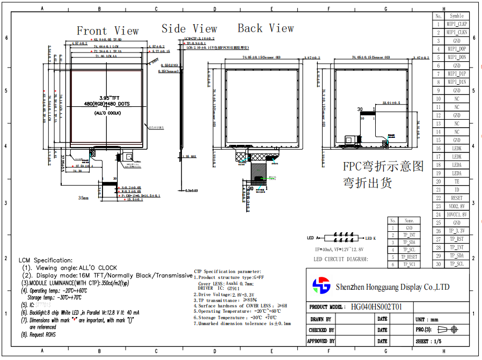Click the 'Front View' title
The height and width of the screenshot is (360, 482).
click(x=107, y=31)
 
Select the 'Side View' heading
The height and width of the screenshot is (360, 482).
click(x=189, y=29)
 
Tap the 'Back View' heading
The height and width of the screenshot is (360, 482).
click(x=266, y=28)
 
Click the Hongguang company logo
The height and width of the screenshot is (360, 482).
click(x=322, y=285)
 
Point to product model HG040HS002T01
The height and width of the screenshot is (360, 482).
click(x=376, y=307)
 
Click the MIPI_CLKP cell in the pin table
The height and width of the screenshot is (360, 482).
click(x=457, y=24)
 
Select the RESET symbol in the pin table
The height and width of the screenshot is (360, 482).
click(x=457, y=198)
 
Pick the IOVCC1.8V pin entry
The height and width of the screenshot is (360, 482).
click(x=457, y=215)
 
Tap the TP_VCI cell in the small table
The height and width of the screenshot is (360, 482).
click(x=409, y=265)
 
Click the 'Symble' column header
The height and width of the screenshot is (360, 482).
click(x=457, y=16)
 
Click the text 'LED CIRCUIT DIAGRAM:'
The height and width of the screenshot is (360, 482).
click(x=341, y=259)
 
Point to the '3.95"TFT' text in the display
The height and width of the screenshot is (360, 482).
click(x=107, y=98)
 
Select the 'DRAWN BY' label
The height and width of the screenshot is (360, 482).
click(x=320, y=319)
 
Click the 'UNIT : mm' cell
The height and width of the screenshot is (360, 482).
click(x=427, y=319)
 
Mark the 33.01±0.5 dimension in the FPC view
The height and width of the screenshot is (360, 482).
click(x=391, y=102)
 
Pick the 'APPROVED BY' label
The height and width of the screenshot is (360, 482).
click(x=320, y=341)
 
